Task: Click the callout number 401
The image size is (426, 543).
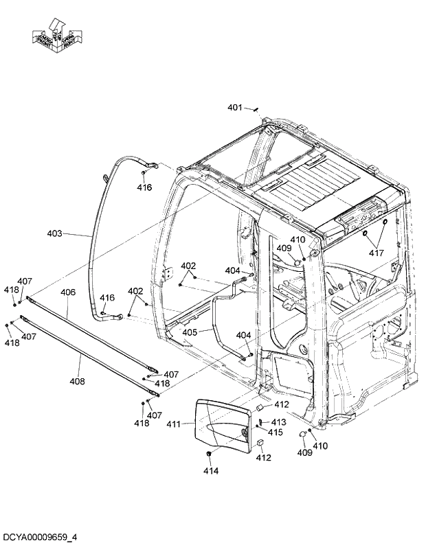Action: pyautogui.click(x=234, y=107)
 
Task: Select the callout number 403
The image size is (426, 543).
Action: pyautogui.click(x=54, y=233)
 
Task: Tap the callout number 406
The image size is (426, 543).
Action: pyautogui.click(x=67, y=292)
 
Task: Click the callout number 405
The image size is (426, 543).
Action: pyautogui.click(x=190, y=332)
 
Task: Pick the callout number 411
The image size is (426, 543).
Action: pyautogui.click(x=173, y=425)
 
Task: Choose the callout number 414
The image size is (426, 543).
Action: pyautogui.click(x=210, y=470)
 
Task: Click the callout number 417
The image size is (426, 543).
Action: pyautogui.click(x=375, y=253)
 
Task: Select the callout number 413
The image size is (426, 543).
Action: pyautogui.click(x=278, y=421)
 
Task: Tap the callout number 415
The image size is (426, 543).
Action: pyautogui.click(x=275, y=432)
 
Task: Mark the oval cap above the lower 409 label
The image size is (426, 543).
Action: pyautogui.click(x=302, y=433)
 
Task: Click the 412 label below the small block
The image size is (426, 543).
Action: pyautogui.click(x=264, y=458)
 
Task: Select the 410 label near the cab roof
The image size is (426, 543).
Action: pyautogui.click(x=297, y=240)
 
